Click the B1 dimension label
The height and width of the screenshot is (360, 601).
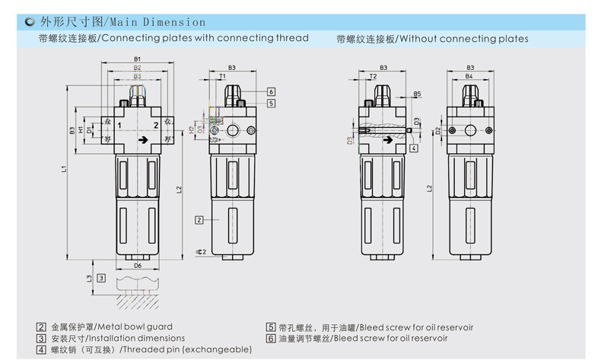[x=138, y=59]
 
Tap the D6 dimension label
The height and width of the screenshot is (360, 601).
[x=138, y=266]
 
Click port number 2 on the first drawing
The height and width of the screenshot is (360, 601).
[x=156, y=124]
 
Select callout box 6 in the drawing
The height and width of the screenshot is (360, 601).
[x=270, y=92]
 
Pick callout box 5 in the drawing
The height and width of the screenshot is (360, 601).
[x=270, y=103]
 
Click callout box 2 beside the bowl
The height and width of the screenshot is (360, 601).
[x=198, y=220]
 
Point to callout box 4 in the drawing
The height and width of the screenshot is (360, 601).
[x=413, y=148]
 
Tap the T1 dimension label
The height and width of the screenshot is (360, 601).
[x=221, y=78]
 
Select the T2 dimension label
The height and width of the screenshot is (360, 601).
[x=373, y=78]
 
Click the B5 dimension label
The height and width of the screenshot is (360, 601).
[x=417, y=94]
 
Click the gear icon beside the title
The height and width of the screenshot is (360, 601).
[x=28, y=22]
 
